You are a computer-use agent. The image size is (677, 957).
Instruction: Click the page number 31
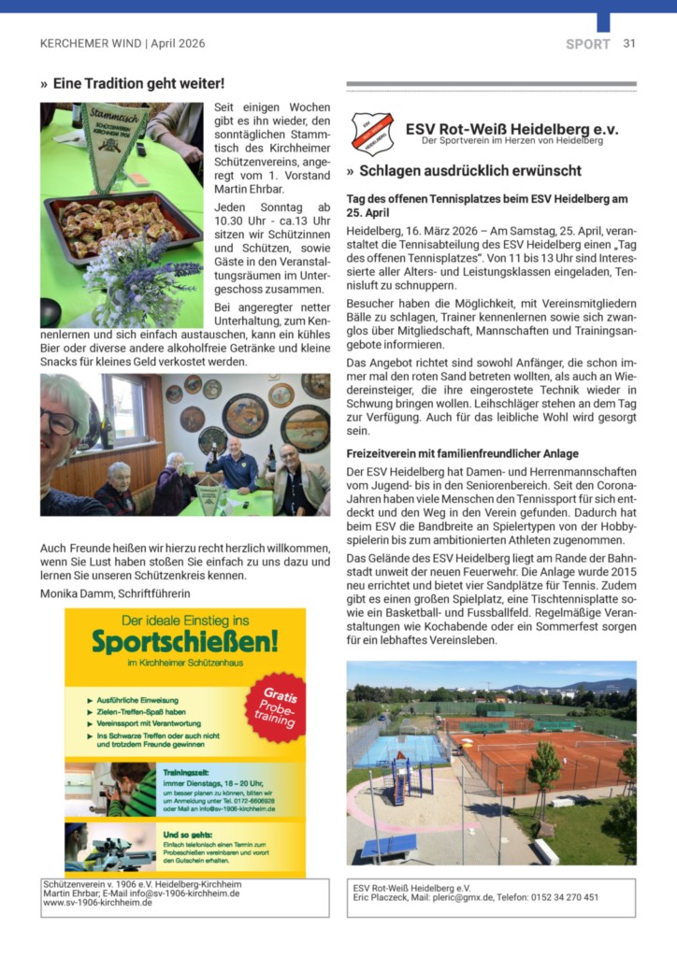coord(629,43)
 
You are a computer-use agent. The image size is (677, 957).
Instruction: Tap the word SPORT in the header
coord(587,44)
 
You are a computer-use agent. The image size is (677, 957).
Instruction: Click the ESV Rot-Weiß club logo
coord(371,132)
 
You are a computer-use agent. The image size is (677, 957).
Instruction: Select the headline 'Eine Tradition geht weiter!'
coord(137,84)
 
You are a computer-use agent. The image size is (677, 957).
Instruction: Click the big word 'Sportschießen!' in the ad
coord(184,640)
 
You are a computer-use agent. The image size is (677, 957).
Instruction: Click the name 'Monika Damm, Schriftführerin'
coord(113,593)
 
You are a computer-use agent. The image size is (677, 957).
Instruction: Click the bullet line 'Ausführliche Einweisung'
coord(138,699)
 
